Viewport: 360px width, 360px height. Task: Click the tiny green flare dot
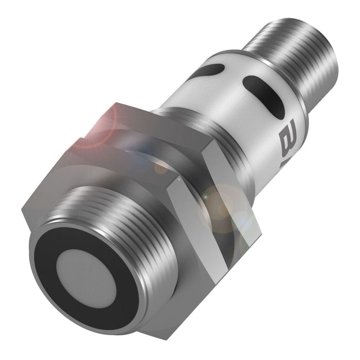(206, 197)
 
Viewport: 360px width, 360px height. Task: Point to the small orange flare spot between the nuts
(161, 167)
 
